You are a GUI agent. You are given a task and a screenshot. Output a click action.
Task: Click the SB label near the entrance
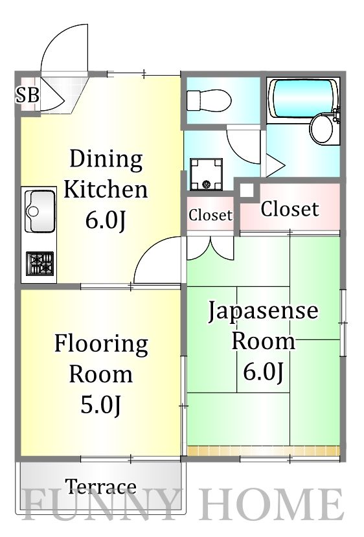point(28,96)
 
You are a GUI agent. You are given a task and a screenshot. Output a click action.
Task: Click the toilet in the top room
point(209,101)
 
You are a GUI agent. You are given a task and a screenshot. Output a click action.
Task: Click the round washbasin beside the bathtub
point(321,130)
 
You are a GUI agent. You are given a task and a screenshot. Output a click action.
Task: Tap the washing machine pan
point(206,174)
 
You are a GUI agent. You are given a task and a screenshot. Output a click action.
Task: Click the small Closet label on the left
point(210,215)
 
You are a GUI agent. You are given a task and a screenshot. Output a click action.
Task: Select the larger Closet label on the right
point(290,209)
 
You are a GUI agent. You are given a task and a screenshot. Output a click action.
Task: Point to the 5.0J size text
point(100,406)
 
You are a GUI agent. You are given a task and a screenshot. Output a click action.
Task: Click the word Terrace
point(101,486)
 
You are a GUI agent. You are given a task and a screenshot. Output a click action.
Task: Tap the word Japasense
point(263,312)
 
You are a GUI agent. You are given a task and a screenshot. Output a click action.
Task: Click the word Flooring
point(101,343)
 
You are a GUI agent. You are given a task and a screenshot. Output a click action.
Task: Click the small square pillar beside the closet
point(246,190)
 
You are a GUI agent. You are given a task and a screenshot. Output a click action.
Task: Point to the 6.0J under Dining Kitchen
point(105,221)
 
